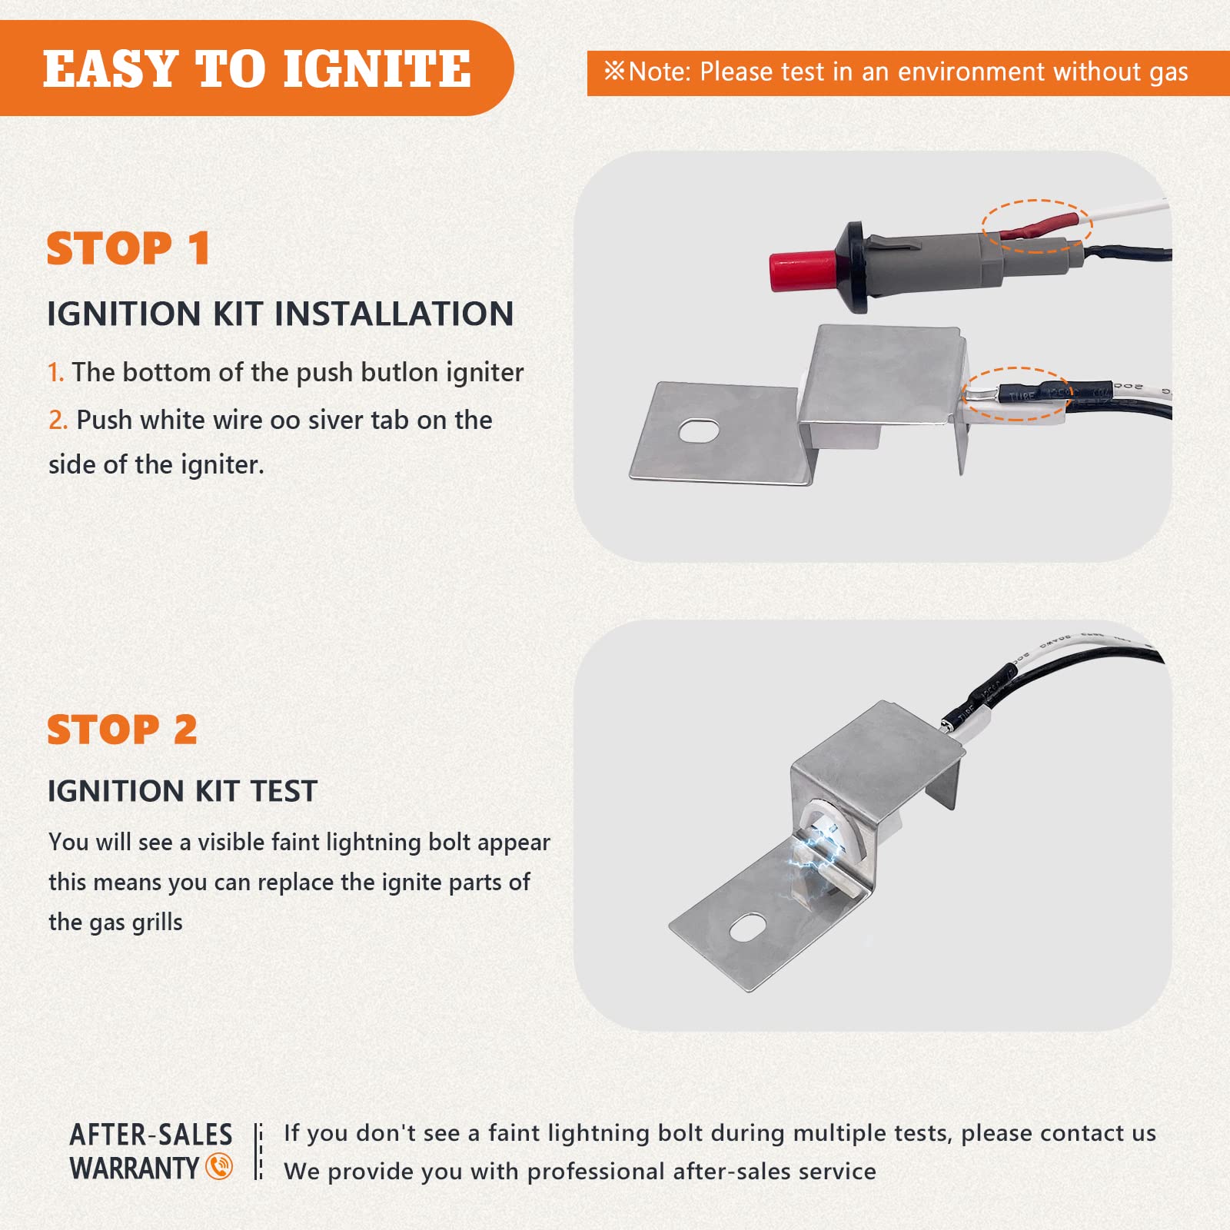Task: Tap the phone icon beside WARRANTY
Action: coord(219,1167)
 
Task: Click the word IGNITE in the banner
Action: coord(377,69)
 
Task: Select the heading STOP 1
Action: coord(128,248)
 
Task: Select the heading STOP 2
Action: coord(122,730)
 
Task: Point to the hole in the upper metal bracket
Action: coord(699,431)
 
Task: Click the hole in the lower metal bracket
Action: coord(748,928)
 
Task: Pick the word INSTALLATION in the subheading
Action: coord(394,314)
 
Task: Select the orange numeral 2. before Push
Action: coord(58,420)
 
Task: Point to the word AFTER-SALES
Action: coord(151,1135)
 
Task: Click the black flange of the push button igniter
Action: coord(856,268)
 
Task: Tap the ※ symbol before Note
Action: coord(614,71)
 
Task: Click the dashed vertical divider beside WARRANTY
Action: coord(259,1151)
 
